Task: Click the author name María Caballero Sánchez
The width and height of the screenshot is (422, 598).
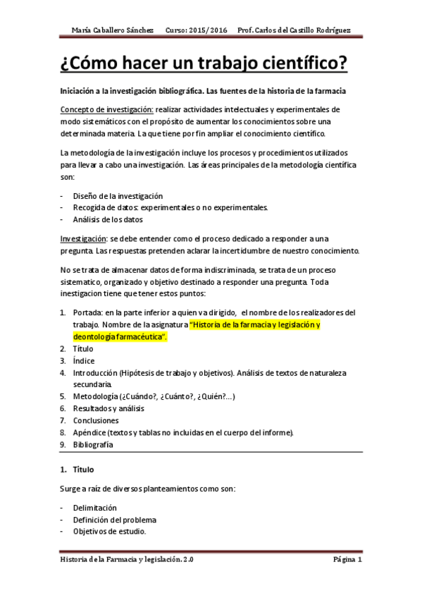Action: [x=113, y=30]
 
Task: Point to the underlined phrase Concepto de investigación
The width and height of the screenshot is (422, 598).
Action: [x=106, y=109]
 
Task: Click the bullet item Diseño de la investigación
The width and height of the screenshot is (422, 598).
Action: [x=118, y=195]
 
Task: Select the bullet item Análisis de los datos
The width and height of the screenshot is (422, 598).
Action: [x=108, y=219]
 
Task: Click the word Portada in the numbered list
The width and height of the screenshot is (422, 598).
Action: [x=87, y=312]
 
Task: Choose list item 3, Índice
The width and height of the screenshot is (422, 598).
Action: [x=85, y=360]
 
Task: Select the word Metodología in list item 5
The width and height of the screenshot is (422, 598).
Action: [x=95, y=396]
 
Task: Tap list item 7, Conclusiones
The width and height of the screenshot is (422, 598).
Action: [x=97, y=420]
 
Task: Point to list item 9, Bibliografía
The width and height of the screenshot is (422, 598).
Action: [x=93, y=444]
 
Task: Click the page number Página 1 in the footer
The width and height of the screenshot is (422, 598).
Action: [x=347, y=560]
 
